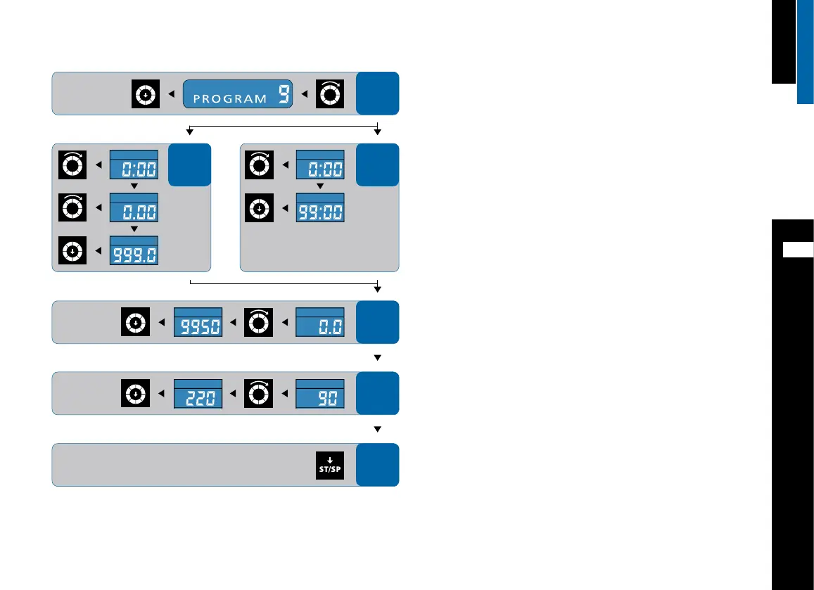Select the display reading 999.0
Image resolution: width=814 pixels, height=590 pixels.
133,254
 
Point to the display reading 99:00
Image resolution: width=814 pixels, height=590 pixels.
319,210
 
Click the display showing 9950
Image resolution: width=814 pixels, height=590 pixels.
198,326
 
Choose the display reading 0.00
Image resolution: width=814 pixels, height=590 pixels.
133,210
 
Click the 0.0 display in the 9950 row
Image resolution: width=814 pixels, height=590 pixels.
319,326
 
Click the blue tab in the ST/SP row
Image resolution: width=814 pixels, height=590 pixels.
377,465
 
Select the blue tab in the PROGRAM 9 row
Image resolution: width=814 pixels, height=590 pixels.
377,94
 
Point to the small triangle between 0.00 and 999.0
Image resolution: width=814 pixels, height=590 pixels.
134,229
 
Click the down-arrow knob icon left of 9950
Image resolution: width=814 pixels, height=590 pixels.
134,323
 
